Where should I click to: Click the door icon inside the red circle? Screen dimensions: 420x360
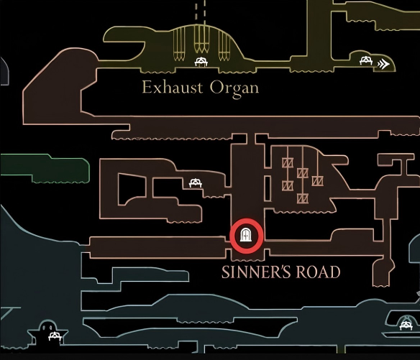(246, 235)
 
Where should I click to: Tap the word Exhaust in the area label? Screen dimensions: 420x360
(173, 88)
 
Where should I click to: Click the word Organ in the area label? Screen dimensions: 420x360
(234, 88)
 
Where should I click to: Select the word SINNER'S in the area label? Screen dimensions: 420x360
(256, 272)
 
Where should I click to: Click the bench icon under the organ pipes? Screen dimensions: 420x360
(201, 62)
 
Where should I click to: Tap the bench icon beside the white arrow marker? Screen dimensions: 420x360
(366, 61)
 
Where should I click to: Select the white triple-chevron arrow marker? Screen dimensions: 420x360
(383, 64)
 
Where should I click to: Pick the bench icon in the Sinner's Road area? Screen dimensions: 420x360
(196, 183)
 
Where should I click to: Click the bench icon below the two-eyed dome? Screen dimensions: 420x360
(55, 336)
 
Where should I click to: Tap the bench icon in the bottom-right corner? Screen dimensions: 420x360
(406, 326)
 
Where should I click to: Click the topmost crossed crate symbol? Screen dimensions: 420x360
(288, 162)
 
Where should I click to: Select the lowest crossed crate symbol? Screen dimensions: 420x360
(302, 198)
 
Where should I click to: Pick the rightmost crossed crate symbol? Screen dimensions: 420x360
(317, 181)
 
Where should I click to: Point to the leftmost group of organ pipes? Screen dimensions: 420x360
(179, 45)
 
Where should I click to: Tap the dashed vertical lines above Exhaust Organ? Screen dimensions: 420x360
(201, 13)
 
